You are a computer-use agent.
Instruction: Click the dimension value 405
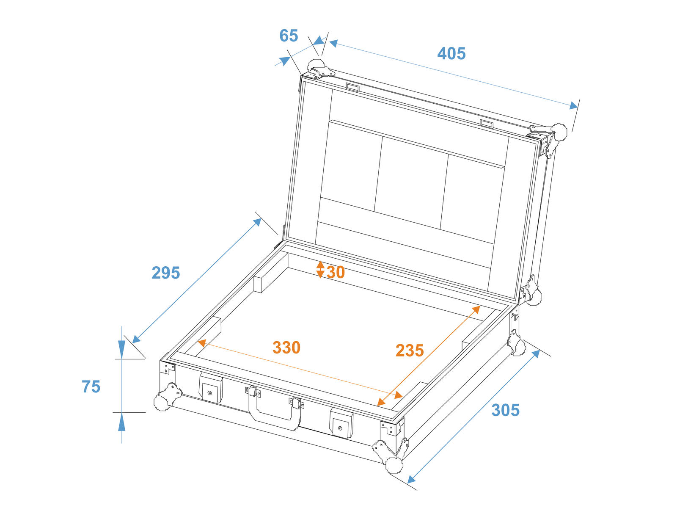coord(451,54)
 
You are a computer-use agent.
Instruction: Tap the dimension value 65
coord(289,36)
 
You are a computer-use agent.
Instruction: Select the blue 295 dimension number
coord(166,273)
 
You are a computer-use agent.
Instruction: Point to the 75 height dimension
coord(91,387)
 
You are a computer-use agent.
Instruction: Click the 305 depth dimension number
coord(505,410)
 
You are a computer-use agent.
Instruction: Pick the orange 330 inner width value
coord(286,348)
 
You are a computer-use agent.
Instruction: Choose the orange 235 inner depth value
coord(410,351)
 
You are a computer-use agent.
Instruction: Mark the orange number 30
coord(336,272)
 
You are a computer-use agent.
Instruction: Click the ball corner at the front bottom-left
coord(163,401)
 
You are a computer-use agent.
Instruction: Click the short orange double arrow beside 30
coord(320,269)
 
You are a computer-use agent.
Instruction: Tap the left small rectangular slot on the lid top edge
coord(352,87)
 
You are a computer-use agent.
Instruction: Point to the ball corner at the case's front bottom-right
coord(394,465)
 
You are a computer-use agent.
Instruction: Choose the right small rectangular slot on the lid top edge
coord(487,124)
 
